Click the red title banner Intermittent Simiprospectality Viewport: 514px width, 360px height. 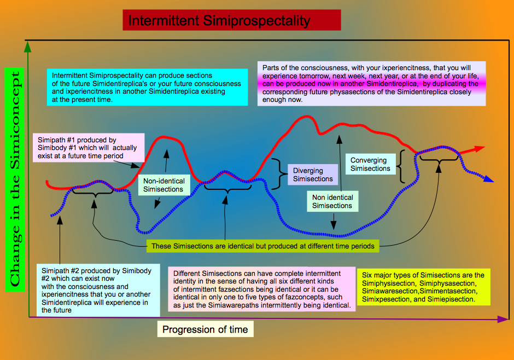click(232, 20)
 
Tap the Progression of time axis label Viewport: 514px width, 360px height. click(205, 329)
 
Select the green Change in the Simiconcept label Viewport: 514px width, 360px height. click(15, 179)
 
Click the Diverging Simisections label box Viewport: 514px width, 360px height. click(313, 175)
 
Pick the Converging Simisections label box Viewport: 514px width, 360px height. click(370, 164)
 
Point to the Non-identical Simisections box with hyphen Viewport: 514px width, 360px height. click(164, 185)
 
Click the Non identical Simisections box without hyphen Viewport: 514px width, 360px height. click(332, 201)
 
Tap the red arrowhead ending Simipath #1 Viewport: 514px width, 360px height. click(478, 149)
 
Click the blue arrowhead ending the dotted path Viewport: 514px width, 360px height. click(488, 179)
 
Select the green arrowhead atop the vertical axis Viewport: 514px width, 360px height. click(28, 47)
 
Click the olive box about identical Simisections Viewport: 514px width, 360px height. click(262, 246)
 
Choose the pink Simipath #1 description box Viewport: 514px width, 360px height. click(89, 148)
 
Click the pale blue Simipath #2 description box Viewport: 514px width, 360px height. click(98, 290)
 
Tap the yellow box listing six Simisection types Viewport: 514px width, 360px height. click(424, 287)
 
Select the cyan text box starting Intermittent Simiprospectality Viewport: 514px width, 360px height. click(147, 87)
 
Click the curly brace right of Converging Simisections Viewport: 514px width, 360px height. click(401, 166)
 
